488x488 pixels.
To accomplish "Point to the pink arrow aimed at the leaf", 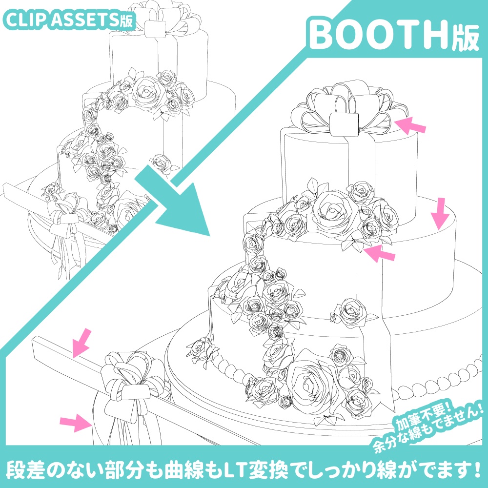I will pyautogui.click(x=380, y=253).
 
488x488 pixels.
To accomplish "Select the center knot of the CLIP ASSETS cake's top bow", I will pyautogui.click(x=156, y=28).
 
